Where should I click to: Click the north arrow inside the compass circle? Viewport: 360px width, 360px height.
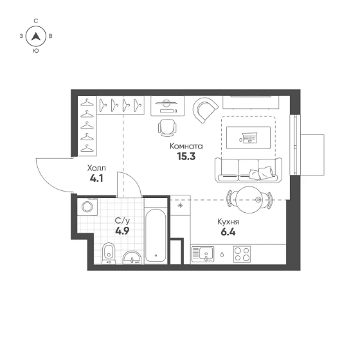tap(36, 37)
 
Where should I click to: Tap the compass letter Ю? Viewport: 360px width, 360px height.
tap(36, 51)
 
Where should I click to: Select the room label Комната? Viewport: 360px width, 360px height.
tap(186, 147)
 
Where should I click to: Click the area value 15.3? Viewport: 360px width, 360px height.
tap(186, 157)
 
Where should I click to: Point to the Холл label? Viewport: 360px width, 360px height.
tap(96, 168)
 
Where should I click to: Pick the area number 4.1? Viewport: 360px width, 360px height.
tap(96, 179)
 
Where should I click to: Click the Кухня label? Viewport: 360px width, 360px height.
tap(228, 222)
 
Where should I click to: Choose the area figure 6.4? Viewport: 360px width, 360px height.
tap(228, 232)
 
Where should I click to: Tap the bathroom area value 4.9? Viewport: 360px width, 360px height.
tap(122, 231)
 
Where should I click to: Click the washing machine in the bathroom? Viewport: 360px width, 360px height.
tap(87, 206)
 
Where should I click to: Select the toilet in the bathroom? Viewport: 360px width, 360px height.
tap(109, 253)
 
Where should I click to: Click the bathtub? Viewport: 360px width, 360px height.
tap(156, 235)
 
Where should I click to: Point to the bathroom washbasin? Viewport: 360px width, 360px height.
tap(132, 258)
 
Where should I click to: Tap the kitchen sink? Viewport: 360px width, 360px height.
tap(203, 255)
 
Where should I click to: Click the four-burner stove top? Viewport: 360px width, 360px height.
tap(242, 255)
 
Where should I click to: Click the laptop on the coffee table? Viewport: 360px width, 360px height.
tap(249, 138)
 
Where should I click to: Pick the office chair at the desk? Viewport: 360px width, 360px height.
tap(167, 128)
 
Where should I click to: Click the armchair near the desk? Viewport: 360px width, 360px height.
tap(205, 110)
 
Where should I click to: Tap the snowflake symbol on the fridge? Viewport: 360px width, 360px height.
tap(180, 206)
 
